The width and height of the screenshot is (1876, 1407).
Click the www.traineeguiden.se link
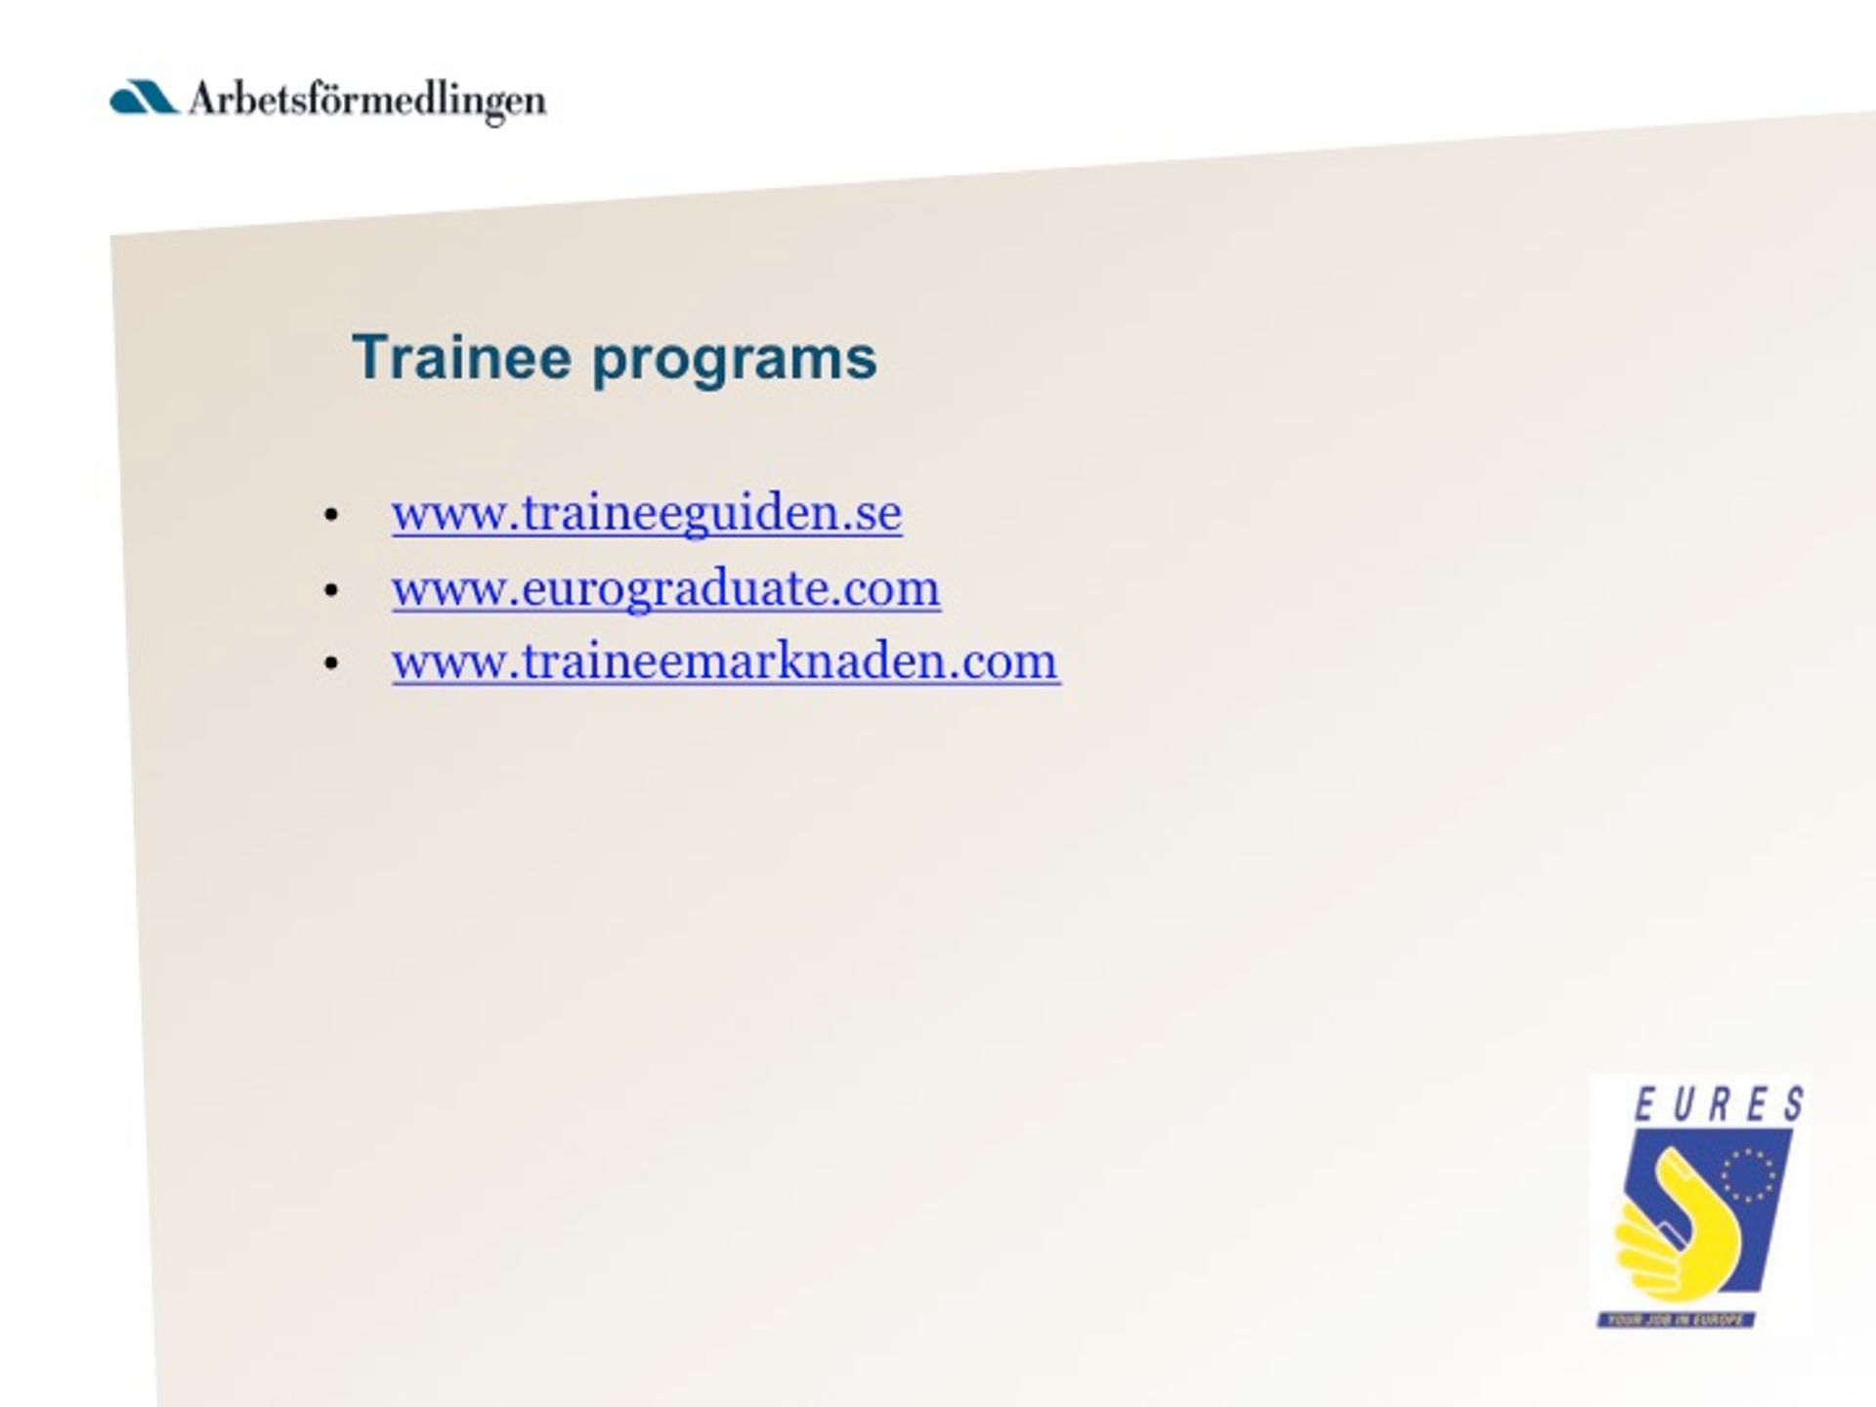pyautogui.click(x=647, y=513)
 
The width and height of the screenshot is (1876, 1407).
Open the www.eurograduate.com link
pyautogui.click(x=666, y=588)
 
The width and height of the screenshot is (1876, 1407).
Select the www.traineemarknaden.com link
pyautogui.click(x=726, y=661)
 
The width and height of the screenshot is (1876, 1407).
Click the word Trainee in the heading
pyautogui.click(x=461, y=357)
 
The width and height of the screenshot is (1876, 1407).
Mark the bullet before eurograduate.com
pyautogui.click(x=331, y=589)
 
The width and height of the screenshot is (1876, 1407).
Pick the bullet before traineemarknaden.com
pyautogui.click(x=331, y=663)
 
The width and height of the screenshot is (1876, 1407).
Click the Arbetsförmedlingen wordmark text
pyautogui.click(x=367, y=101)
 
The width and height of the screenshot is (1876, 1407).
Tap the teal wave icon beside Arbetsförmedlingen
pyautogui.click(x=144, y=98)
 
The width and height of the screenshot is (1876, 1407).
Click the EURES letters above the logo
pyautogui.click(x=1719, y=1105)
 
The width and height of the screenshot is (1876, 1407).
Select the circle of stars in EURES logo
pyautogui.click(x=1748, y=1175)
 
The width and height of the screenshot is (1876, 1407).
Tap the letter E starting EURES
pyautogui.click(x=1645, y=1105)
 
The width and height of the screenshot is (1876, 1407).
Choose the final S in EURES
pyautogui.click(x=1793, y=1105)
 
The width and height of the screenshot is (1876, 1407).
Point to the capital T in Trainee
pyautogui.click(x=370, y=357)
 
